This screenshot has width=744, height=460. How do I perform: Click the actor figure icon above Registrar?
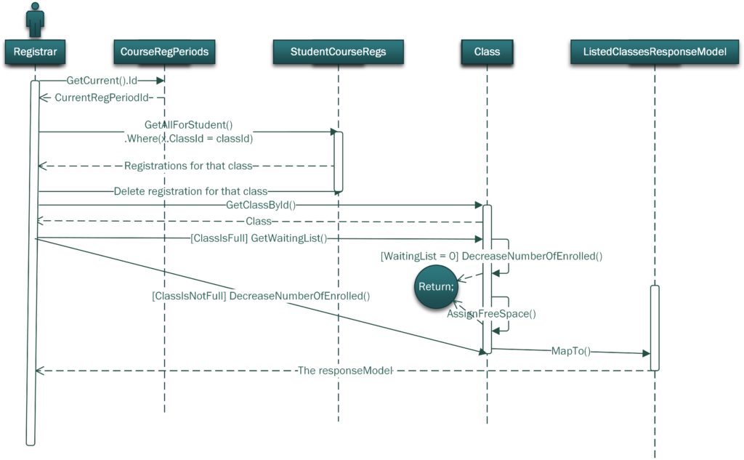(35, 19)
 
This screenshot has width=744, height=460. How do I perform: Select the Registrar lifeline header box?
(35, 52)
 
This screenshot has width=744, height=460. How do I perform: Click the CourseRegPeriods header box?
(164, 52)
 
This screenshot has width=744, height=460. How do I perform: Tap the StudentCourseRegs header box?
(338, 52)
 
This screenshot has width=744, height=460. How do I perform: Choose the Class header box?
(487, 52)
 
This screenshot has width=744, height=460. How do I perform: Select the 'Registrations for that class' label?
(187, 166)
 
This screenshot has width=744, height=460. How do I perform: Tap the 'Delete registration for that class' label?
(190, 191)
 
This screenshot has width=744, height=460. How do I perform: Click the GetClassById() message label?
(260, 205)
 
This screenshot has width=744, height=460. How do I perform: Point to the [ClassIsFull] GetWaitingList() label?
(257, 238)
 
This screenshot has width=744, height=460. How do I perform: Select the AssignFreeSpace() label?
(491, 314)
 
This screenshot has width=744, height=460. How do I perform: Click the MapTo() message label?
(570, 351)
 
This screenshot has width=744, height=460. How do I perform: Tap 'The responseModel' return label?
(345, 371)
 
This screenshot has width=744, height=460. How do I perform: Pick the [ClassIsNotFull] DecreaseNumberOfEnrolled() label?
(261, 296)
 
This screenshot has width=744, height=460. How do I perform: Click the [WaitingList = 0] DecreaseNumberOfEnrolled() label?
(491, 256)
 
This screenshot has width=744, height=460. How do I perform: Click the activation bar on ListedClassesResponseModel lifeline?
(654, 327)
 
